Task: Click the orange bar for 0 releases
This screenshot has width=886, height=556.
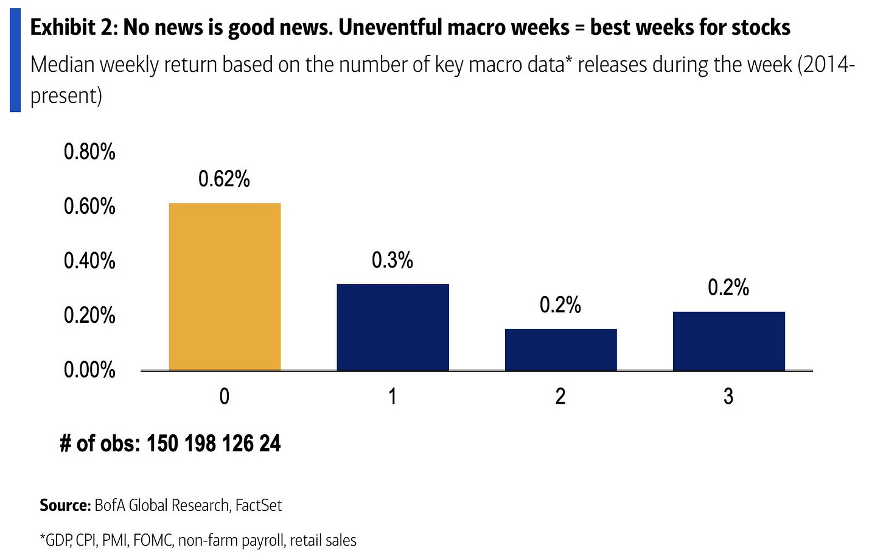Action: coord(225,286)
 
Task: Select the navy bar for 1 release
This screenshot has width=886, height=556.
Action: coord(392,327)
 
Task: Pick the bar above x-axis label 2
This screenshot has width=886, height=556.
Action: coord(560,350)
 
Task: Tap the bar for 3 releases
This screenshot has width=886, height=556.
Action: coord(728,341)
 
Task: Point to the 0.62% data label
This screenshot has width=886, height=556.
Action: coord(224,179)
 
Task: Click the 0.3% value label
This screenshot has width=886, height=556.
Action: coord(392,261)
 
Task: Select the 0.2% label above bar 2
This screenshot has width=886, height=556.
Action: coord(560,305)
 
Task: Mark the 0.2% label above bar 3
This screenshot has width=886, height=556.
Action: coord(728,287)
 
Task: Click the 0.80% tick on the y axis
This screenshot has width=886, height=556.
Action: coord(89,152)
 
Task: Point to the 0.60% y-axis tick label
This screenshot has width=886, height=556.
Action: coord(89,206)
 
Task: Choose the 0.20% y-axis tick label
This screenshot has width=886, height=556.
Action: coord(89,315)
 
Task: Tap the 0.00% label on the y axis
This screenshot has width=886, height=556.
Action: coord(89,370)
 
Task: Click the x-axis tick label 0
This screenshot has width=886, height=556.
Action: coord(225,396)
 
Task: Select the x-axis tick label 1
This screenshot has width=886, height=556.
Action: coord(392,396)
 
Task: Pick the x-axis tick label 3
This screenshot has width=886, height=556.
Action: coord(728,396)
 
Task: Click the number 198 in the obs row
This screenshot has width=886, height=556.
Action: coord(200,443)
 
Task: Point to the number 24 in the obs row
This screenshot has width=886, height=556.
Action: coord(270,443)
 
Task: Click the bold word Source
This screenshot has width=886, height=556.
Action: coord(65,505)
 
